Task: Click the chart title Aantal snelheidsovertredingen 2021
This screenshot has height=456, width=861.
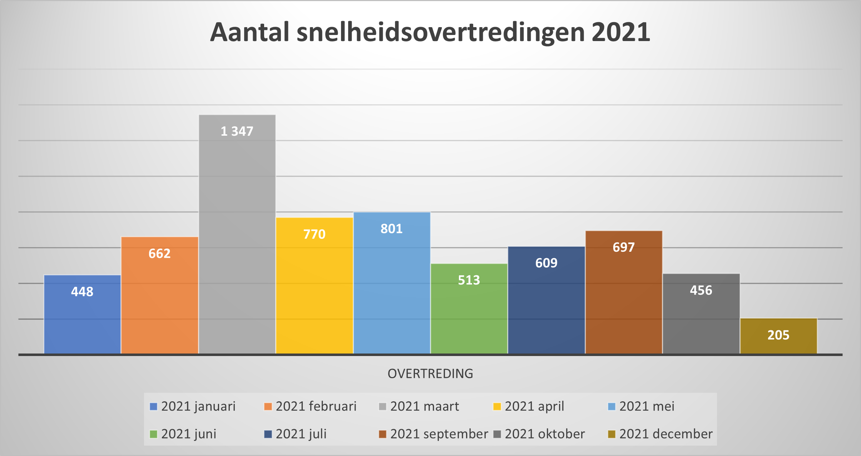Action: pos(430,32)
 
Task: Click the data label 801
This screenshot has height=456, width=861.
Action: pos(391,229)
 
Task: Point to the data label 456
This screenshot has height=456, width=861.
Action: pos(701,290)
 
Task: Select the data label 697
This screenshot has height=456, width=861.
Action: pos(624,247)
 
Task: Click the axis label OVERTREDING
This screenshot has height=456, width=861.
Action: pos(430,374)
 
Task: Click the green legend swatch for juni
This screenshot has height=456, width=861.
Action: pos(153,434)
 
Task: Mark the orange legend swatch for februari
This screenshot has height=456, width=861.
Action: pos(268,407)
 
